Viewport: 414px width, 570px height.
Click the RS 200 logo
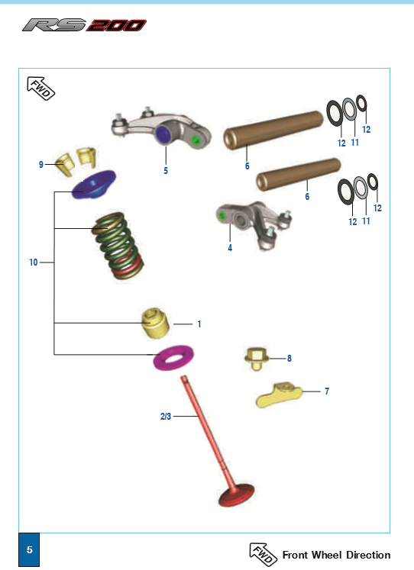coord(84,25)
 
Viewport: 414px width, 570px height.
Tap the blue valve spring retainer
coord(94,185)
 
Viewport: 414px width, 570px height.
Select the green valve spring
coord(118,246)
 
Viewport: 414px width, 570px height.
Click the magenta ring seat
coord(173,357)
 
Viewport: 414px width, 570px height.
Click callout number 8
coord(289,359)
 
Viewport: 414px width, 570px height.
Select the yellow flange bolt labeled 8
coord(257,359)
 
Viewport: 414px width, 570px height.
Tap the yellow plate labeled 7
coord(279,395)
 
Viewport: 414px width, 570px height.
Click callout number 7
coord(327,391)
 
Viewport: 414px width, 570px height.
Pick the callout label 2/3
coord(166,416)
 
